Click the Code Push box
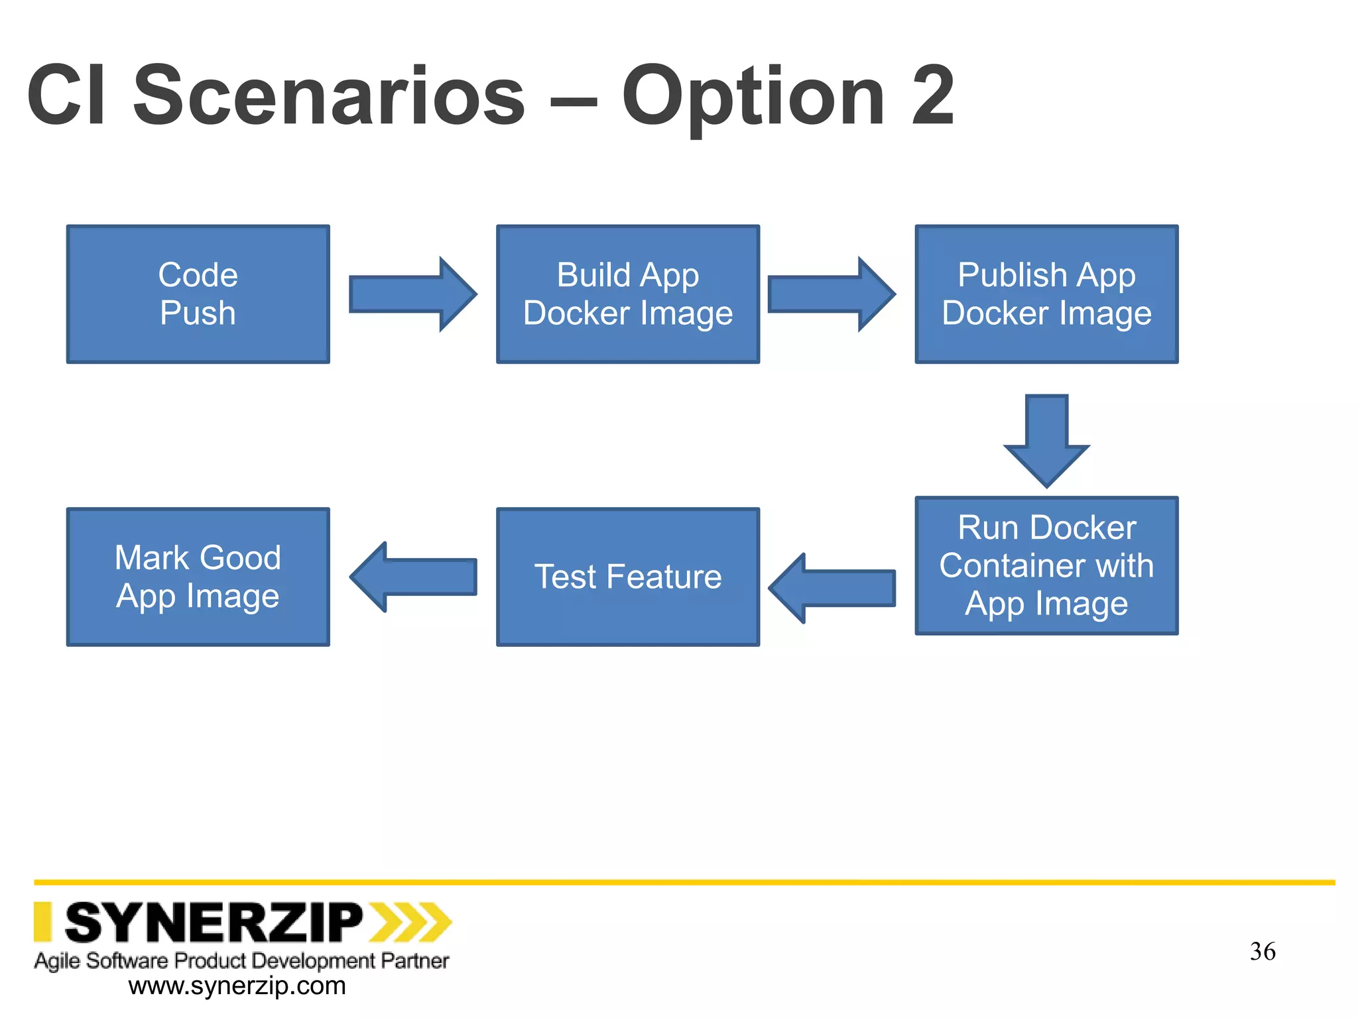tap(198, 294)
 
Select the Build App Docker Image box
tap(627, 294)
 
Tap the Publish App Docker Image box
tap(1046, 294)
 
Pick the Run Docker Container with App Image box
tap(1046, 565)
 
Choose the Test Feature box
tap(627, 577)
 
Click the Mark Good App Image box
tap(198, 577)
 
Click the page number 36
tap(1263, 952)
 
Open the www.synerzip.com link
tap(237, 986)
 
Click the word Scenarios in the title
tap(330, 95)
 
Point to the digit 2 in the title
tap(932, 95)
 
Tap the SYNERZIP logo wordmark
tap(214, 923)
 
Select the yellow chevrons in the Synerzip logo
tap(410, 922)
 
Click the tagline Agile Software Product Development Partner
tap(241, 960)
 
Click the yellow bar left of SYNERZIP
tap(43, 921)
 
